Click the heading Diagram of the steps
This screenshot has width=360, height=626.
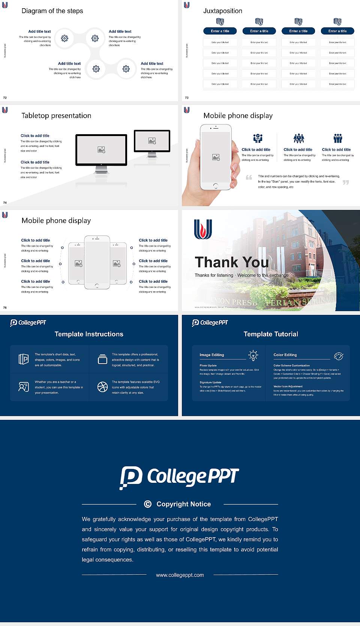coord(52,11)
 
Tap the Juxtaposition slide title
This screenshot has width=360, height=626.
coord(222,11)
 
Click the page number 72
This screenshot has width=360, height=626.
coord(5,97)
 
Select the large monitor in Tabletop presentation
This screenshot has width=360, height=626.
coord(101,150)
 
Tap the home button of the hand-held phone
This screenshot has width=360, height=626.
coord(215,186)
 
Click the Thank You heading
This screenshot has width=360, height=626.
coord(232,262)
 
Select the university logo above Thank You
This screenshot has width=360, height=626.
coord(203,229)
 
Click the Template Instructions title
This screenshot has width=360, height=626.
coord(89,334)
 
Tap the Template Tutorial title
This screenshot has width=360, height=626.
coord(271,334)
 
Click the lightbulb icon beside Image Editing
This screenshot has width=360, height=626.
coord(253,355)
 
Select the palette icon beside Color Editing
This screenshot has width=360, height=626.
coord(339,356)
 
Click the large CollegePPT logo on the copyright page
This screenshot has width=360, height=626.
coord(179,477)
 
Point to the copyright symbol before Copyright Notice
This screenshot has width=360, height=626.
coord(148,504)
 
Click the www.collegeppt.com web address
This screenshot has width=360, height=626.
coord(180,575)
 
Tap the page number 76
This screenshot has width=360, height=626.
coord(5,307)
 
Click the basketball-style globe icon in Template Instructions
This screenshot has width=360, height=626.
coord(102,387)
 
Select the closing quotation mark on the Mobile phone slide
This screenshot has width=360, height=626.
coord(345,182)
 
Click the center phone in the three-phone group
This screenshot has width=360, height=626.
coord(97,262)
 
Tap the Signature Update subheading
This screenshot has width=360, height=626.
coord(210,382)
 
